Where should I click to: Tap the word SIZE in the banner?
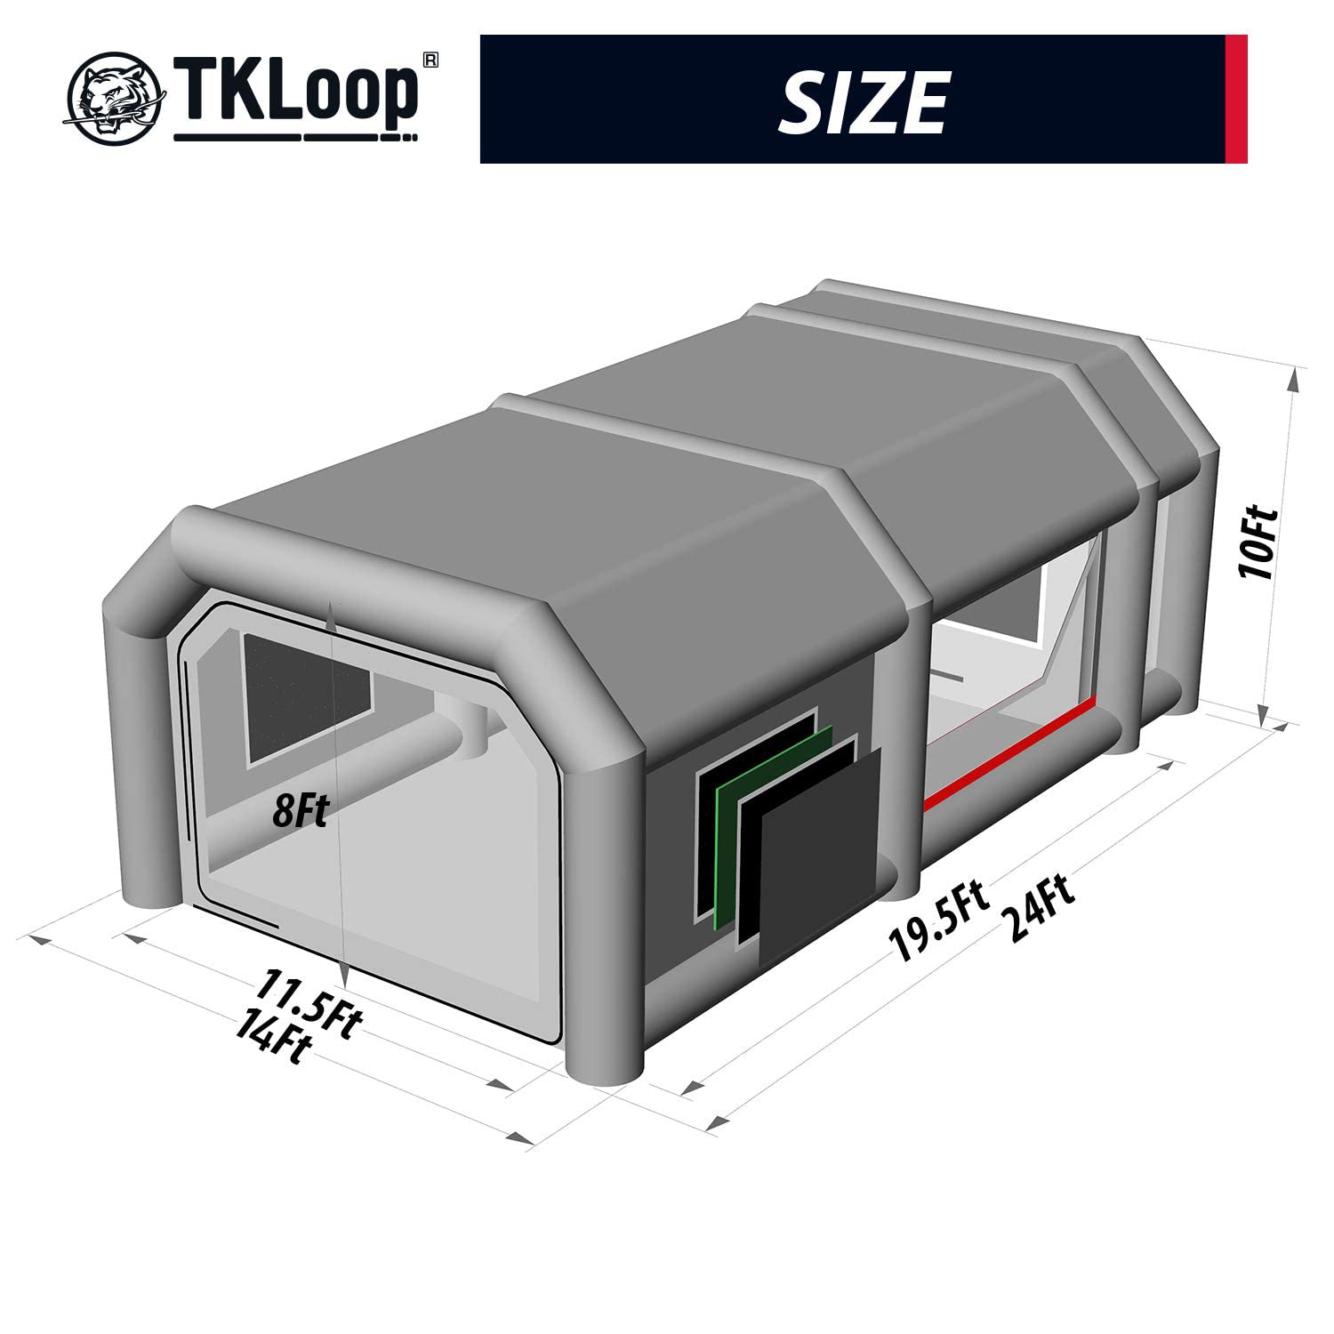[x=862, y=101]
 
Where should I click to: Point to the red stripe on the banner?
[x=1236, y=99]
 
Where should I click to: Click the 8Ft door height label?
[x=301, y=811]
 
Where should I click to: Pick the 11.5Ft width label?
[x=308, y=1004]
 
